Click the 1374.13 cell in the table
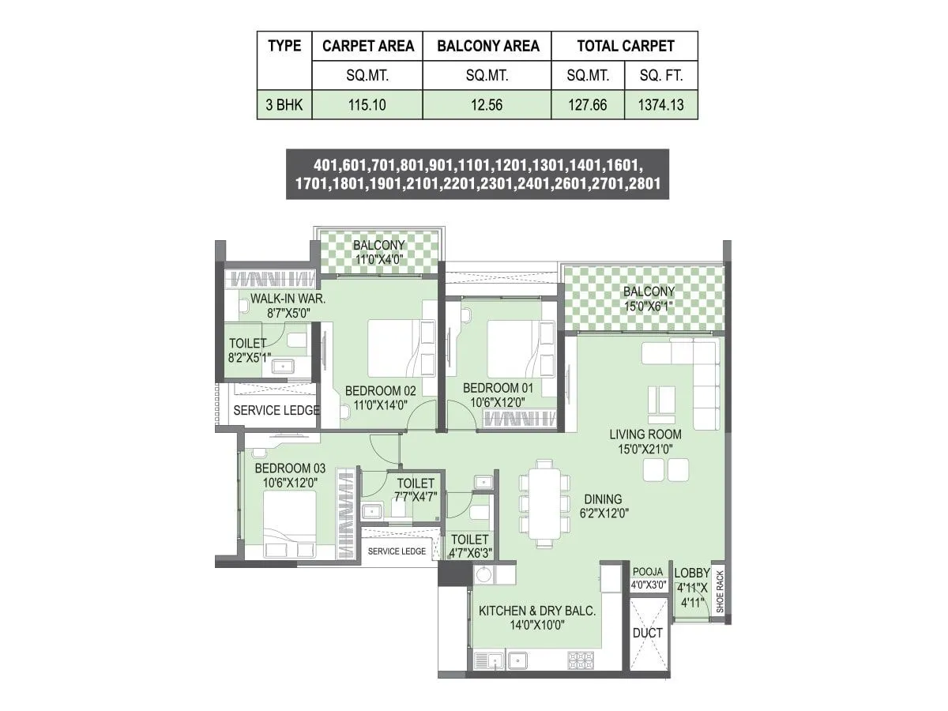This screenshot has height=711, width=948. coord(661,104)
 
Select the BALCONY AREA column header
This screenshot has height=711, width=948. coord(487,46)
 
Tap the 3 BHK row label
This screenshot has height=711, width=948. coord(284,104)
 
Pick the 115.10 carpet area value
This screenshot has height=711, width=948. coord(367,104)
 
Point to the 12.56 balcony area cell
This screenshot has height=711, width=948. coord(487,104)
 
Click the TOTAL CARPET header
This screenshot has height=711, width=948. coord(624,46)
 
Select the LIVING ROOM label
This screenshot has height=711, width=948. coord(645,434)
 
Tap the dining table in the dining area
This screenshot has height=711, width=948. coord(543,503)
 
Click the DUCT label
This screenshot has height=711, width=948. coord(648,633)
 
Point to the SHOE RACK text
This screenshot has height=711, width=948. coord(719,593)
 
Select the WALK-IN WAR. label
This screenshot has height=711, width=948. coord(288,299)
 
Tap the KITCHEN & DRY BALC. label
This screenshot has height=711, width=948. coord(537,611)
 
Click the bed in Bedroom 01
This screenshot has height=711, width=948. coord(513,347)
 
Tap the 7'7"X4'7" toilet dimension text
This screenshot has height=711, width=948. coord(415,497)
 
